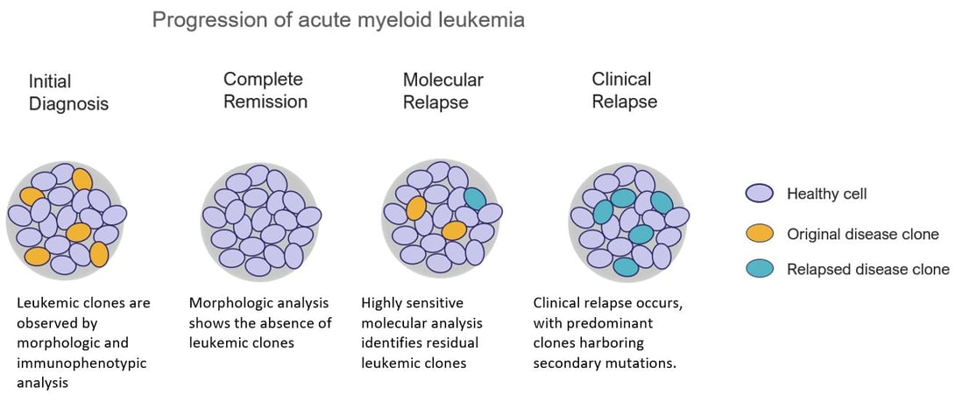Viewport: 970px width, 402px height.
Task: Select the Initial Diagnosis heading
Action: coord(68,93)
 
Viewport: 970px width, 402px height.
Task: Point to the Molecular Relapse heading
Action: coord(443,91)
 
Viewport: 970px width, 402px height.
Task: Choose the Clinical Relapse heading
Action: coord(624,90)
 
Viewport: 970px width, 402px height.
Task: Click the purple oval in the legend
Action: coord(759,194)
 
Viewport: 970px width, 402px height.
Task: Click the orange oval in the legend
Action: coord(759,233)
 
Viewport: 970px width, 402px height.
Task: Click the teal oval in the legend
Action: coord(759,269)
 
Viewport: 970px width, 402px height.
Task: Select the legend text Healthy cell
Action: coord(826,194)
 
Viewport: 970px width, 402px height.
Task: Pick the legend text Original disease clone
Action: coord(862,234)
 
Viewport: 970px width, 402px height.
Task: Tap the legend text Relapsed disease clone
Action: coord(867,269)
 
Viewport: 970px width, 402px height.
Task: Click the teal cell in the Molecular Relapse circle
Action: coord(474,199)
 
